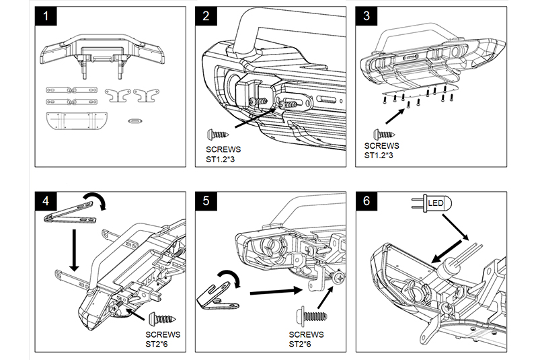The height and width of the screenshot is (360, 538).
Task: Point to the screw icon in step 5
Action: click(x=313, y=314)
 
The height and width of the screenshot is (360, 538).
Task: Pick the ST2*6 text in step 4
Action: click(x=159, y=343)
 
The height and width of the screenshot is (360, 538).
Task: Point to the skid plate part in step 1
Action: click(x=75, y=122)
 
